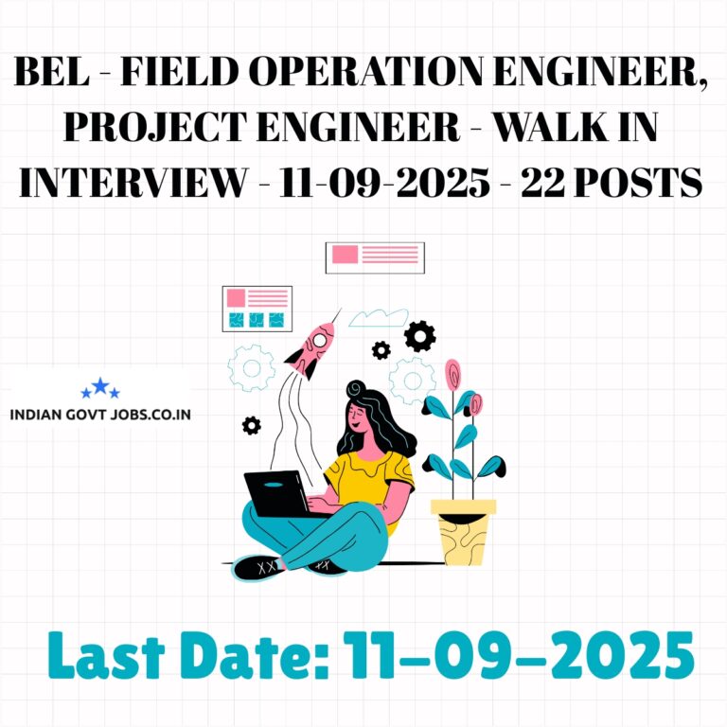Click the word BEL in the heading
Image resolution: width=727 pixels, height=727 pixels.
pyautogui.click(x=52, y=71)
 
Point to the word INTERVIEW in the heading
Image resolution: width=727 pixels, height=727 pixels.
pyautogui.click(x=134, y=182)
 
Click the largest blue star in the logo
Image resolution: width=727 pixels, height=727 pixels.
pyautogui.click(x=100, y=386)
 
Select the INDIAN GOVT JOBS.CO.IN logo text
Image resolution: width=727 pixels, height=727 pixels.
pyautogui.click(x=100, y=414)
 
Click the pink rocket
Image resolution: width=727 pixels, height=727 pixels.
pyautogui.click(x=312, y=347)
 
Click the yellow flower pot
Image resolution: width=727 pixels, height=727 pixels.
pyautogui.click(x=463, y=532)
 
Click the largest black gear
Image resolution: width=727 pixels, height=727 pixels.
pyautogui.click(x=419, y=336)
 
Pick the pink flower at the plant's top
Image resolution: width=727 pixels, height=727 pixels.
pyautogui.click(x=452, y=374)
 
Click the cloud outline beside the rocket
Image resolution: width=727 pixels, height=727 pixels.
pyautogui.click(x=379, y=318)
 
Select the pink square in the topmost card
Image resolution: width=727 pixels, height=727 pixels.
pyautogui.click(x=345, y=255)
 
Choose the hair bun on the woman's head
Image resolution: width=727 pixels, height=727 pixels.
pyautogui.click(x=356, y=388)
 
